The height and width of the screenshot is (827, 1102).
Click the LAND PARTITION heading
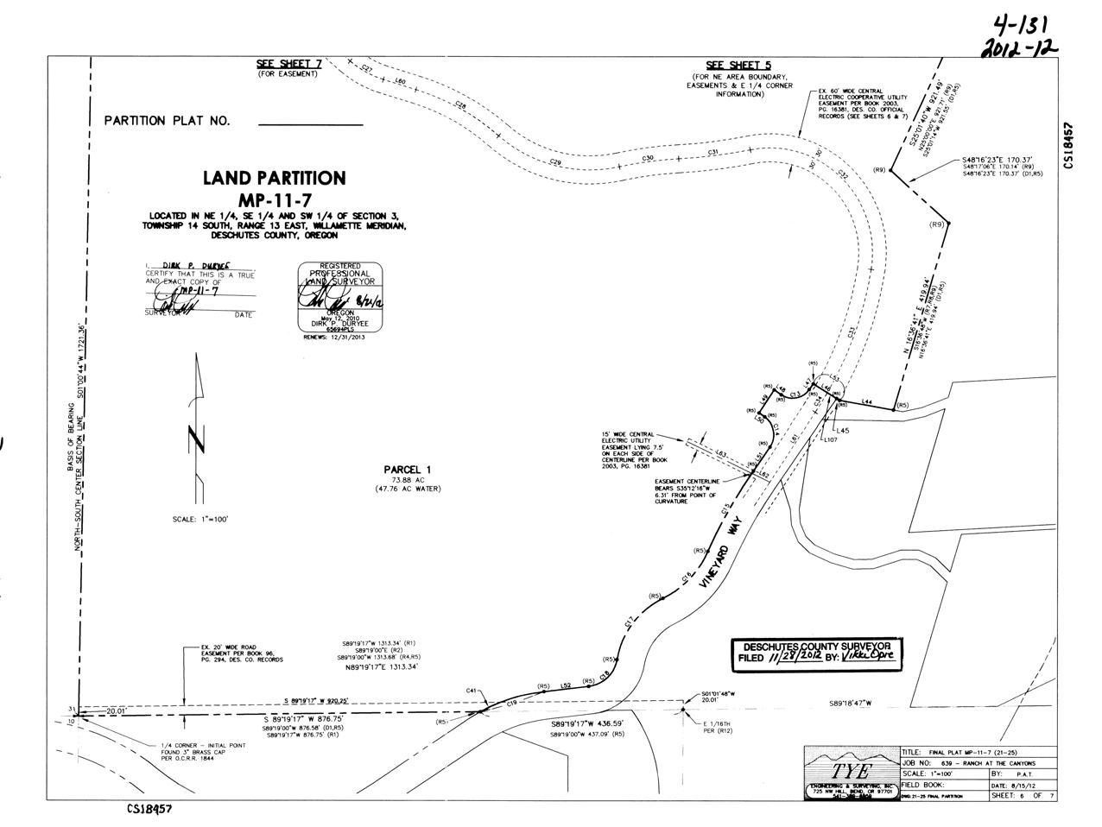coord(274,179)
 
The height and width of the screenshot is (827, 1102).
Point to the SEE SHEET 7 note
coord(288,65)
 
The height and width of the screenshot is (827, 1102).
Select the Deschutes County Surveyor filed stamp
coord(816,655)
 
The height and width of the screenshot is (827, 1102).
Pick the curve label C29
coord(555,162)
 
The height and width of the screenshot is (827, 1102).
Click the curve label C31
coord(713,153)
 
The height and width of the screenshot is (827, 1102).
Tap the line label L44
coord(868,401)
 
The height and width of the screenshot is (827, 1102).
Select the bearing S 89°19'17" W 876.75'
coord(304,718)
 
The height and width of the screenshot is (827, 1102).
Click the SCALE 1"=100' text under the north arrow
coord(200,519)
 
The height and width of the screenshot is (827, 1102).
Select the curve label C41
coord(472,691)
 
